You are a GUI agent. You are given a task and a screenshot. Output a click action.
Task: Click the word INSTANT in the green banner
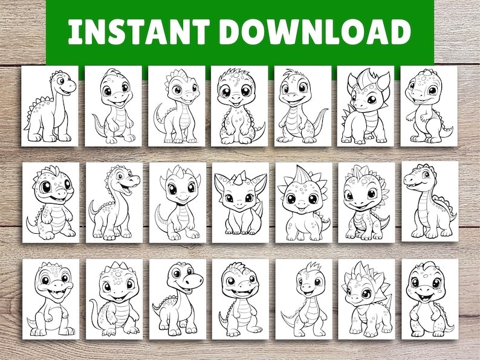pos(138,32)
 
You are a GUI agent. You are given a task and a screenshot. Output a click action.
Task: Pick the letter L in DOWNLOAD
pos(343,32)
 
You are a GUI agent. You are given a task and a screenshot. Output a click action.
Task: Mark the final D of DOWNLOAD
pos(400,32)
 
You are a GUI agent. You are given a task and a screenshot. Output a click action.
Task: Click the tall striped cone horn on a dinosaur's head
pos(301,175)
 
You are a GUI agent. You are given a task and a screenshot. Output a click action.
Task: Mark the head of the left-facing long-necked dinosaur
pos(420,176)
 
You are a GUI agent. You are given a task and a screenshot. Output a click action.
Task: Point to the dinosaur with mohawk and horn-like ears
pos(365,106)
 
